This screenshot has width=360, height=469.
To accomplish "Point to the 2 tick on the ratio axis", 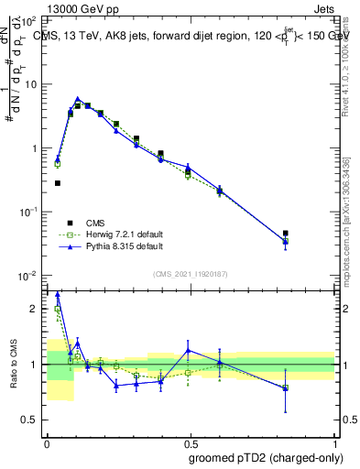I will [35, 309].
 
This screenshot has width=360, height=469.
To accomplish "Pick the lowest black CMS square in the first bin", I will [58, 183].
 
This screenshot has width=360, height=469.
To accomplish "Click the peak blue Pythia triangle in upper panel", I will [78, 99].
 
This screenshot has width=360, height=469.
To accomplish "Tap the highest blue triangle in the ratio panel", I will [58, 294].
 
